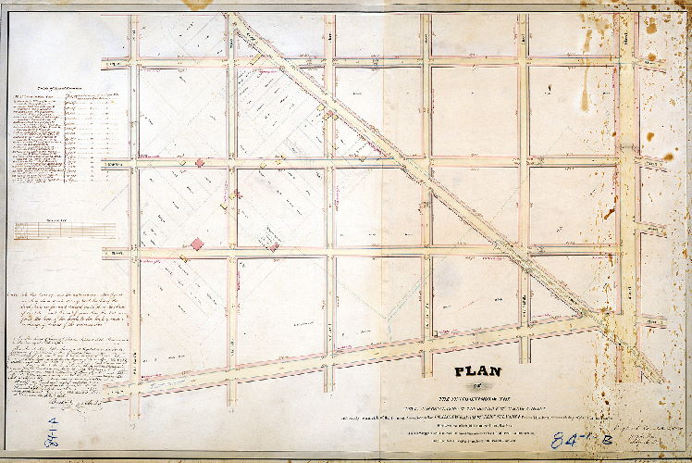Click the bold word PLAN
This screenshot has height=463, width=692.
(476, 372)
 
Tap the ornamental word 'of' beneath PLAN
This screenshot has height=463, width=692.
(477, 387)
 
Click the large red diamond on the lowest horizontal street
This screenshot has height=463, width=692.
(197, 244)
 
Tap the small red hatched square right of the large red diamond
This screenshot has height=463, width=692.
(272, 245)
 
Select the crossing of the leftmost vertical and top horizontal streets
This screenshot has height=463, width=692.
(135, 63)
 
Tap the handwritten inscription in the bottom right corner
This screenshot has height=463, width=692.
(648, 428)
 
